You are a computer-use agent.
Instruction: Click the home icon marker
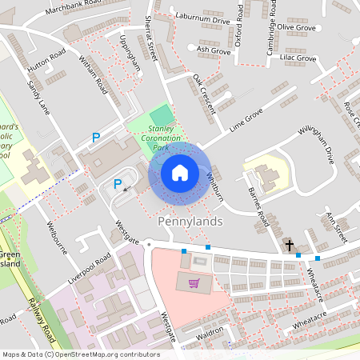(x=180, y=173)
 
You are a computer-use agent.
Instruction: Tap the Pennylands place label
(x=190, y=220)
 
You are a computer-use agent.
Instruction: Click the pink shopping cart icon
(x=194, y=282)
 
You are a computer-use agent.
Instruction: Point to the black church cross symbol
(x=289, y=246)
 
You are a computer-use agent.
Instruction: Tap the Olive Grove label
(x=295, y=27)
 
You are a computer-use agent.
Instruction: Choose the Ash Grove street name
(x=214, y=50)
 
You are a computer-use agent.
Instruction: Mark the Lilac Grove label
(x=295, y=59)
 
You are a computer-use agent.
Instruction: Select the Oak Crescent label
(x=203, y=94)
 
